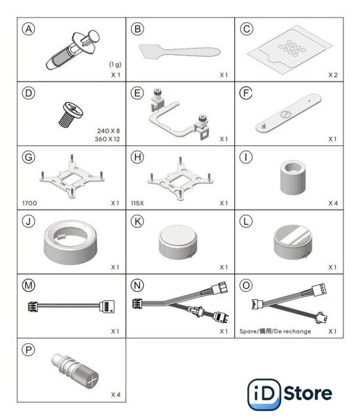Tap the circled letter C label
point(246,29)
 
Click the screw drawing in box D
point(71,114)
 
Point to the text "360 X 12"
point(107,139)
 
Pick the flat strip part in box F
point(289,113)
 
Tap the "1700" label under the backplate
point(29,203)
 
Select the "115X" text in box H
point(137,203)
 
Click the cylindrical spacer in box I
point(293,177)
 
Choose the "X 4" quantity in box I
point(333,203)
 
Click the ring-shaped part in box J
point(71,242)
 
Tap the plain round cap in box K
point(178,242)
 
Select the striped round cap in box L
point(293,242)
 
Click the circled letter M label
point(29,285)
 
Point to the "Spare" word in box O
point(247,331)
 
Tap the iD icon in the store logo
point(264,394)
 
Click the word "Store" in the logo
point(308,393)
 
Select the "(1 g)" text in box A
point(115,64)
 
